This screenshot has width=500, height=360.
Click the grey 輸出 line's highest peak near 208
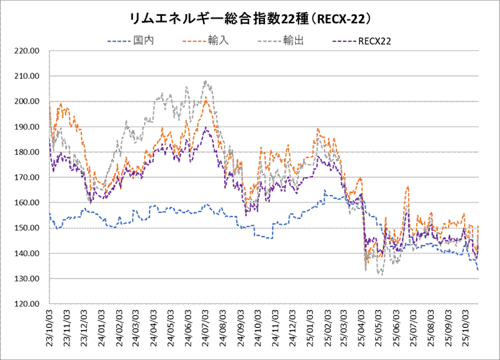206,81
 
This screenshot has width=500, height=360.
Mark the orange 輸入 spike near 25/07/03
407,188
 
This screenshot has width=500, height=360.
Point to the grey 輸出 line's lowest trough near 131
381,275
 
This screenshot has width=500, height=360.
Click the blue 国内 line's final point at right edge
479,270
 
